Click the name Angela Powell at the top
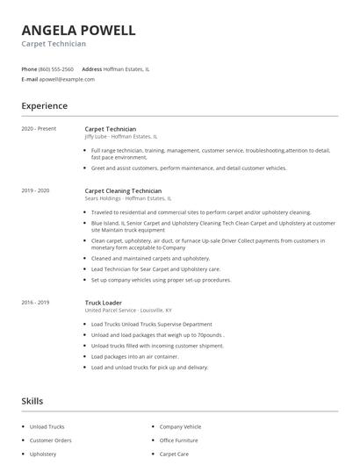coord(78,31)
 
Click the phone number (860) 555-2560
coord(57,68)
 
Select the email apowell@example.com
coord(67,79)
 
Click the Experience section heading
coord(44,106)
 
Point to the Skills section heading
coord(32,401)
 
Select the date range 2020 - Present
coord(39,129)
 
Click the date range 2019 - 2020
coord(35,190)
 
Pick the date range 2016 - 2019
coord(35,303)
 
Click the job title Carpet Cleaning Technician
coord(123,190)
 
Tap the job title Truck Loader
coord(104,303)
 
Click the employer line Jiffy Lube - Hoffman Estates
coord(121,137)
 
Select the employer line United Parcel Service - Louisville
coord(128,311)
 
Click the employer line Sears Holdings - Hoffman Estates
coord(128,198)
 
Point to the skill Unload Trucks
coord(47,426)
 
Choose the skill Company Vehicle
coord(180,426)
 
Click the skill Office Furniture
coord(178,440)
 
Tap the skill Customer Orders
coord(50,440)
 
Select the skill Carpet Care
coord(174,454)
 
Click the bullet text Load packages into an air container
coord(134,357)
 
